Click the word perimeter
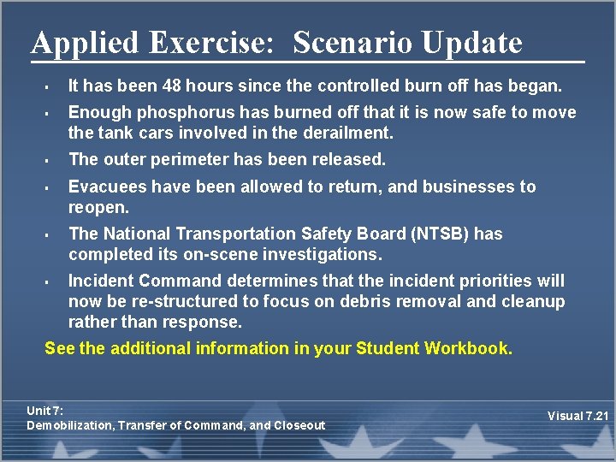[x=189, y=159]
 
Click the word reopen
[x=98, y=207]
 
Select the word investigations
[x=319, y=254]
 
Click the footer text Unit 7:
[x=44, y=411]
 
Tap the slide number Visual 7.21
[x=578, y=416]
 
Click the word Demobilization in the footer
[x=70, y=425]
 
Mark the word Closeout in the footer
[x=300, y=425]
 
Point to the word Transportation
[x=226, y=234]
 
